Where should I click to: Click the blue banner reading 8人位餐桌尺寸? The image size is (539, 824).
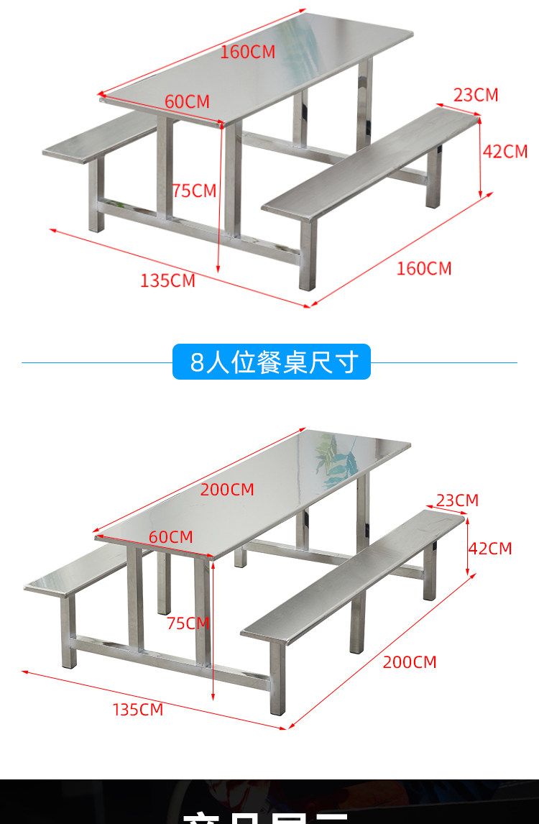click(272, 362)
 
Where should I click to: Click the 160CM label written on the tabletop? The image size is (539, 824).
click(247, 52)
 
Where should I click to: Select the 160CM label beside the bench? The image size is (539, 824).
click(424, 268)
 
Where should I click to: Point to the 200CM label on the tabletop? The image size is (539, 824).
click(227, 490)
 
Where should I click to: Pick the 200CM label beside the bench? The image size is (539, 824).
click(410, 662)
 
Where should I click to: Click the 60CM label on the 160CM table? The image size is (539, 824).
click(187, 101)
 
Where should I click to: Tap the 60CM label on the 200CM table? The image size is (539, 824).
click(171, 537)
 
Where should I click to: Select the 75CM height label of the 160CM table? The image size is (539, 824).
click(194, 191)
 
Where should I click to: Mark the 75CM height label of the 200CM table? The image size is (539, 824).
click(188, 623)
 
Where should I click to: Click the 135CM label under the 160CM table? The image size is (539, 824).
click(167, 280)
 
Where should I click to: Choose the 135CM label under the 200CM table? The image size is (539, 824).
click(138, 710)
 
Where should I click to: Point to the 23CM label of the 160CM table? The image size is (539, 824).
click(476, 95)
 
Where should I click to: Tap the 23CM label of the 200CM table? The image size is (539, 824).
click(457, 500)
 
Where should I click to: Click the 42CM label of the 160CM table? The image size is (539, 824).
click(505, 151)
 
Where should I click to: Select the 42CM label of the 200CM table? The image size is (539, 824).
click(490, 549)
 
